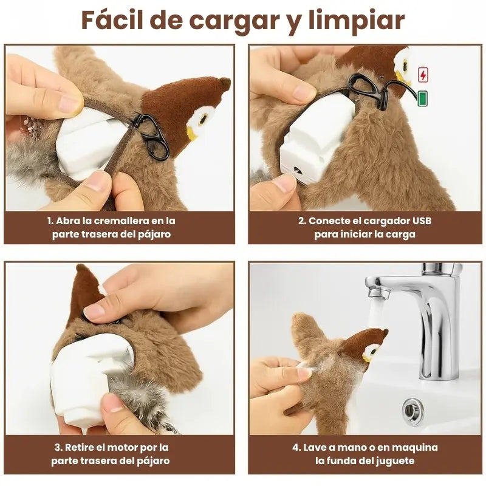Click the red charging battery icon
point(423,75)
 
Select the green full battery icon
point(422,98)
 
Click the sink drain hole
point(413,412)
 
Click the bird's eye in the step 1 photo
point(203,119)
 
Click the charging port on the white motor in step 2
point(298,170)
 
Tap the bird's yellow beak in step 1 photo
point(191,134)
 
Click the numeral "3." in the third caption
point(58,448)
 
